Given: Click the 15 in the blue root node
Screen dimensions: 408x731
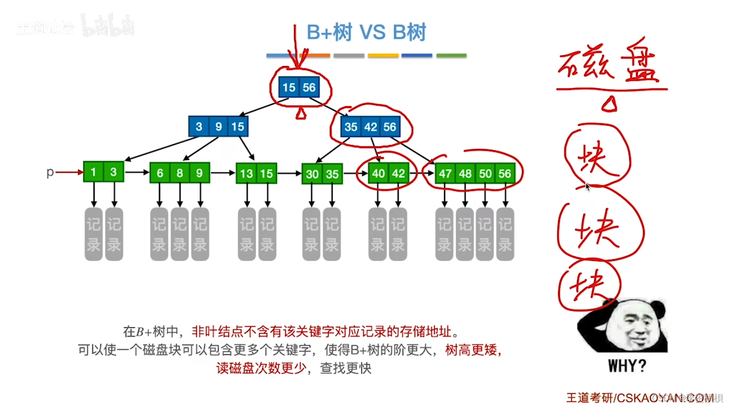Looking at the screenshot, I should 289,87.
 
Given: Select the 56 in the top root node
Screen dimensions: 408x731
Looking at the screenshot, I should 309,87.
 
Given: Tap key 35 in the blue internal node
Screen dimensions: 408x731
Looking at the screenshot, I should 350,127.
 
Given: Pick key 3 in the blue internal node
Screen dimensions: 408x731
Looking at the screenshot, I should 199,127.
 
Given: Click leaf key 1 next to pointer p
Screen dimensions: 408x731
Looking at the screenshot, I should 94,172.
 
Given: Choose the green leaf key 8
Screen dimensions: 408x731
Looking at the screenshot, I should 179,173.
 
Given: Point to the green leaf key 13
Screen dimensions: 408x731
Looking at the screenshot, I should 246,173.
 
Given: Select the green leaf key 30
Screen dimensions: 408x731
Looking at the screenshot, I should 312,174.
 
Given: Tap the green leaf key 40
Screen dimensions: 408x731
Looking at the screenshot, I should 378,173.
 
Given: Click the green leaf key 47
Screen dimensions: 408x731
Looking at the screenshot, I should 446,173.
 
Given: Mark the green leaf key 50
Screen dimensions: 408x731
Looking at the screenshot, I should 485,173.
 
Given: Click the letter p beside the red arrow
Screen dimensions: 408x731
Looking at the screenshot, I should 50,172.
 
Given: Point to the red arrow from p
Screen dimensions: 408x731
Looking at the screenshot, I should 69,172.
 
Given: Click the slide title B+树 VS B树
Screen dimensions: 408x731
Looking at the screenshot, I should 366,32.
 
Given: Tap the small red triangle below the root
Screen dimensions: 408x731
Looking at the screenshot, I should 301,113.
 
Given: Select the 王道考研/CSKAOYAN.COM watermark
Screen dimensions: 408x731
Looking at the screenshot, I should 639,398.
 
